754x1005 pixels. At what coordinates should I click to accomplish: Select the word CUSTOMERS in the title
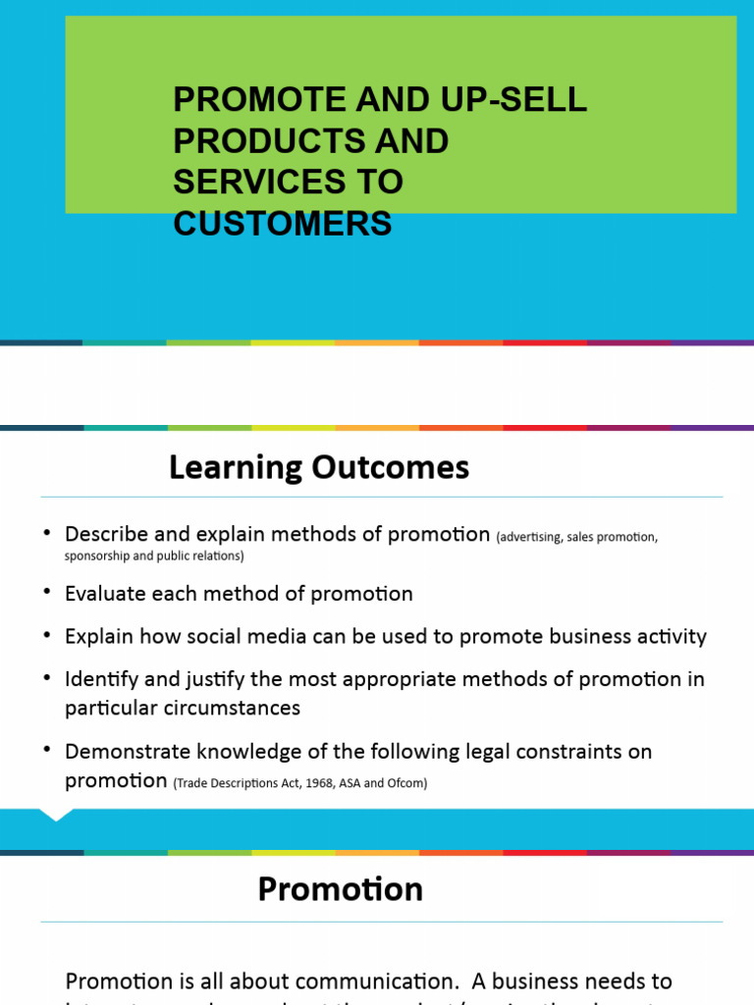283,224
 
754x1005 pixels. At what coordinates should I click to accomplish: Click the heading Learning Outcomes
319,468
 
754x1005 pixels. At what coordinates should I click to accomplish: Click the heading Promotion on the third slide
340,889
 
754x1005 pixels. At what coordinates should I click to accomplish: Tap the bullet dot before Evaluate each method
46,592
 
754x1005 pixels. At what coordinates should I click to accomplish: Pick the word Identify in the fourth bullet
98,679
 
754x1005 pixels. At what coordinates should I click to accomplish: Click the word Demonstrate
126,752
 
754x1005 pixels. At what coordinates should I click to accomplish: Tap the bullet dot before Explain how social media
46,634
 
